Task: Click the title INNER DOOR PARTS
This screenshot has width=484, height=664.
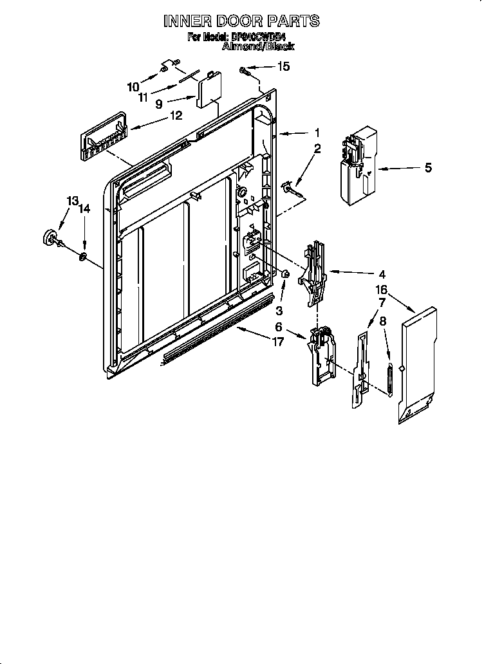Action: tap(241, 21)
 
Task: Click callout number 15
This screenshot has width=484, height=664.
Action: tap(283, 66)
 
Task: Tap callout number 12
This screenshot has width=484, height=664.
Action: tap(176, 116)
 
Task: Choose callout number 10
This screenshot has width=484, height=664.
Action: tap(133, 86)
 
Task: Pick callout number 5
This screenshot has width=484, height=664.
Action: tap(428, 169)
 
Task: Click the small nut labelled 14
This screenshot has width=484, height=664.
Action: tap(84, 258)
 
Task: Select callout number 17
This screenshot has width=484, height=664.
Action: tap(278, 342)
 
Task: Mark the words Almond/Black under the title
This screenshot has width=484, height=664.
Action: tap(258, 47)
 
